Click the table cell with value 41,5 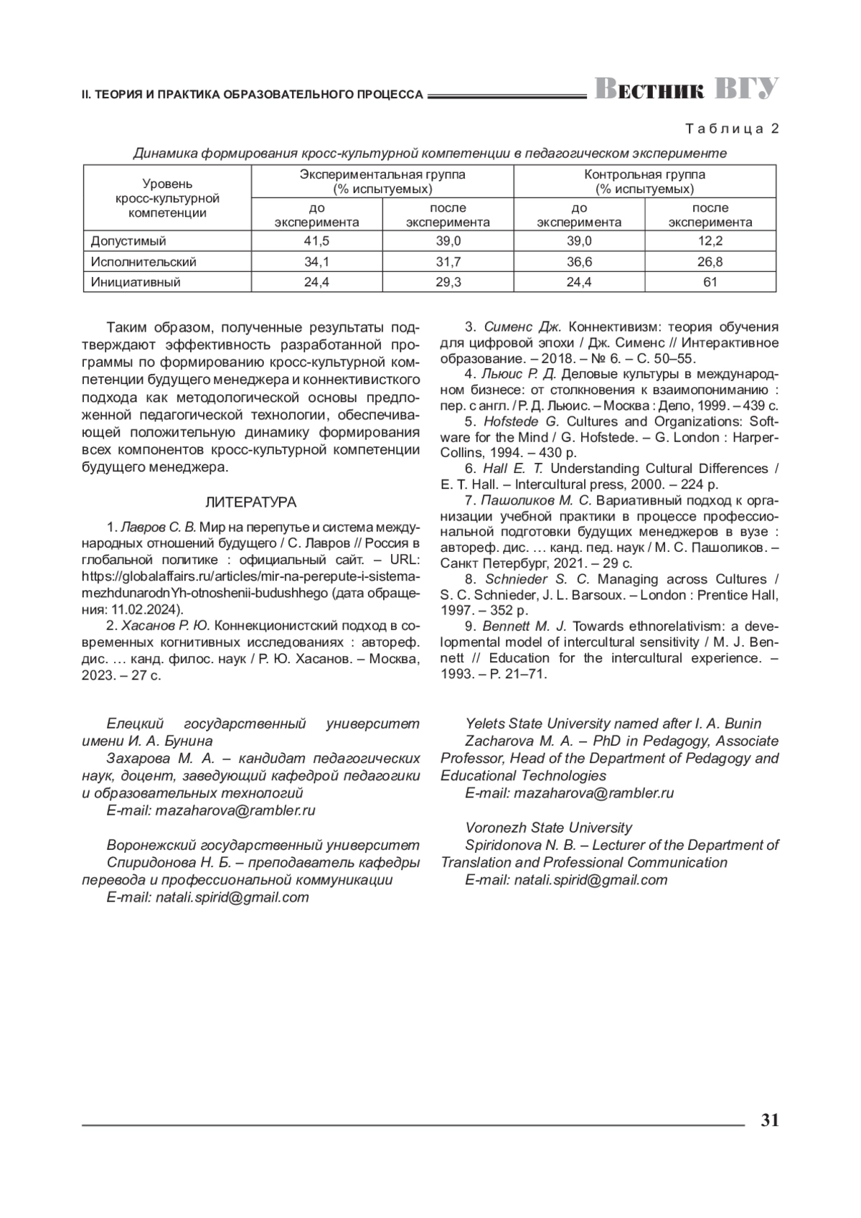316,241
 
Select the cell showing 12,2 710,241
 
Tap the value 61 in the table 710,282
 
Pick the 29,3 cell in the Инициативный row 448,282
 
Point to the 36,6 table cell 579,262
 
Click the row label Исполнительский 143,262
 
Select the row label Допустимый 128,241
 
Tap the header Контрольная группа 644,174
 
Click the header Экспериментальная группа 382,174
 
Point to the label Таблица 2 732,129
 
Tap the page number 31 769,1120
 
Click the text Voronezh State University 549,828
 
